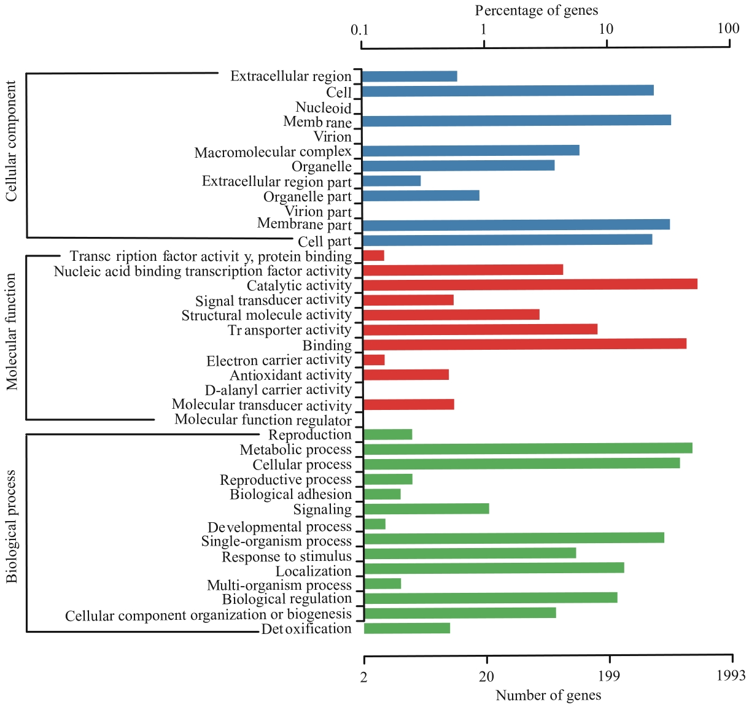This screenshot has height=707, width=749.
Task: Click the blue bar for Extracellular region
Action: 409,76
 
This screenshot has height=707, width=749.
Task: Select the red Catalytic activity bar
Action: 530,284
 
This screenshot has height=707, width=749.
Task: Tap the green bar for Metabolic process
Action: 528,449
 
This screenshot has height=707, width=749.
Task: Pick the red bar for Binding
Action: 525,344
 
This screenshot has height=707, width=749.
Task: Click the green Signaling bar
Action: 427,508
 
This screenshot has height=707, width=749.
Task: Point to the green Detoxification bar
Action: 407,628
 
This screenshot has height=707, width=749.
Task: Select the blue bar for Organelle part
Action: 421,196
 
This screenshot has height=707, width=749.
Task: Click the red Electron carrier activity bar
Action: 374,360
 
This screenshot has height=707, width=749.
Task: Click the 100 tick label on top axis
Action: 728,28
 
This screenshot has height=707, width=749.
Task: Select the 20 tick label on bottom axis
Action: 486,677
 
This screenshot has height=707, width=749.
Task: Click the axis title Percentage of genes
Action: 536,10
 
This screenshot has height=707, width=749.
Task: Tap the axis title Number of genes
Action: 548,695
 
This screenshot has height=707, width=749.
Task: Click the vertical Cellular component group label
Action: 12,141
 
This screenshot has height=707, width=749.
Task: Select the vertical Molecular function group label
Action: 12,332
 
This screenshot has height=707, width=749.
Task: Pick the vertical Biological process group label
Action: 12,527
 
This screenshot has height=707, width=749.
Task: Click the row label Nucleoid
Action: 323,108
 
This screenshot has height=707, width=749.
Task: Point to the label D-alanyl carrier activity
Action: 278,390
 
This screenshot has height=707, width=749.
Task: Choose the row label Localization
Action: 313,571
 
